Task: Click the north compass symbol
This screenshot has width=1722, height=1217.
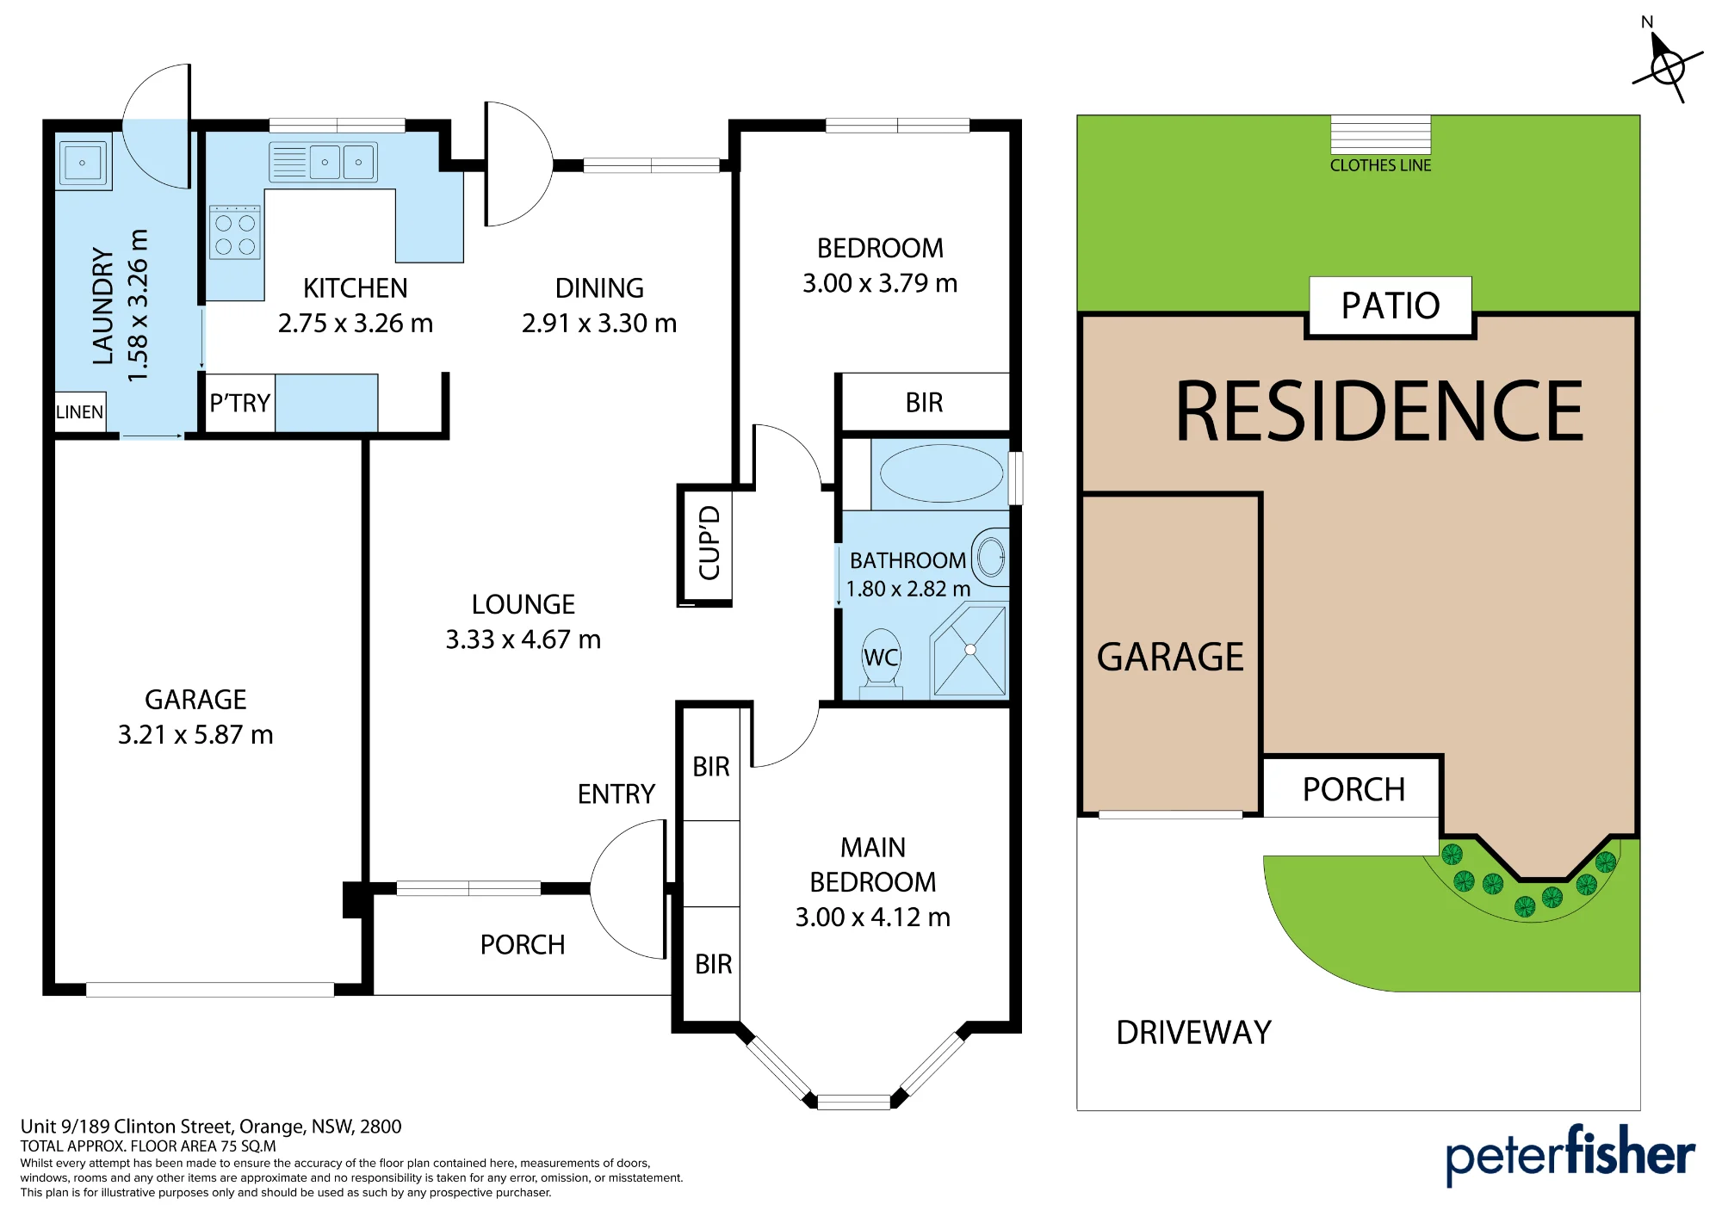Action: pos(1668,65)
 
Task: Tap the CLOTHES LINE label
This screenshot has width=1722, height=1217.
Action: pos(1380,165)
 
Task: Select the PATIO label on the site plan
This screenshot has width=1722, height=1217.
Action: pos(1391,306)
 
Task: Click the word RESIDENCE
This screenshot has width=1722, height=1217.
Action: pos(1379,411)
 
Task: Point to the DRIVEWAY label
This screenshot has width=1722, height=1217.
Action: pos(1193,1032)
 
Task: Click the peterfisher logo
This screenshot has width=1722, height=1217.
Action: pos(1570,1154)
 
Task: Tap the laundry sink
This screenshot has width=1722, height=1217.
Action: pos(84,162)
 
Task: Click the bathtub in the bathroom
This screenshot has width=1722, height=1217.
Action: pos(941,473)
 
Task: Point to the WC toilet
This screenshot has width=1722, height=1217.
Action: pos(881,664)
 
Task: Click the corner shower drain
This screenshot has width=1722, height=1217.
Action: pos(970,650)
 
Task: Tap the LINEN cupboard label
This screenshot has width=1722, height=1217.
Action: pos(79,412)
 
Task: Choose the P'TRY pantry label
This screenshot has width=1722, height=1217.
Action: pos(240,403)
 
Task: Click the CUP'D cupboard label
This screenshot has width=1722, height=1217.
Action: pos(709,543)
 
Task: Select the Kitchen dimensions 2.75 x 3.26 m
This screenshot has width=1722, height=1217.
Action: pos(355,324)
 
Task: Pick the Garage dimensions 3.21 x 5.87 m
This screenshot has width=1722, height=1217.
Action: pos(195,735)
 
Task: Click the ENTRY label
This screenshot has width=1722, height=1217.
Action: pos(616,794)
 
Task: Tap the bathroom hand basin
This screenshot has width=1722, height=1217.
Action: pos(991,557)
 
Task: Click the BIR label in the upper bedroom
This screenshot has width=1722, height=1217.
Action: pos(924,403)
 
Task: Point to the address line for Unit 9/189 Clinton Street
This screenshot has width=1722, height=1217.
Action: pos(211,1127)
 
